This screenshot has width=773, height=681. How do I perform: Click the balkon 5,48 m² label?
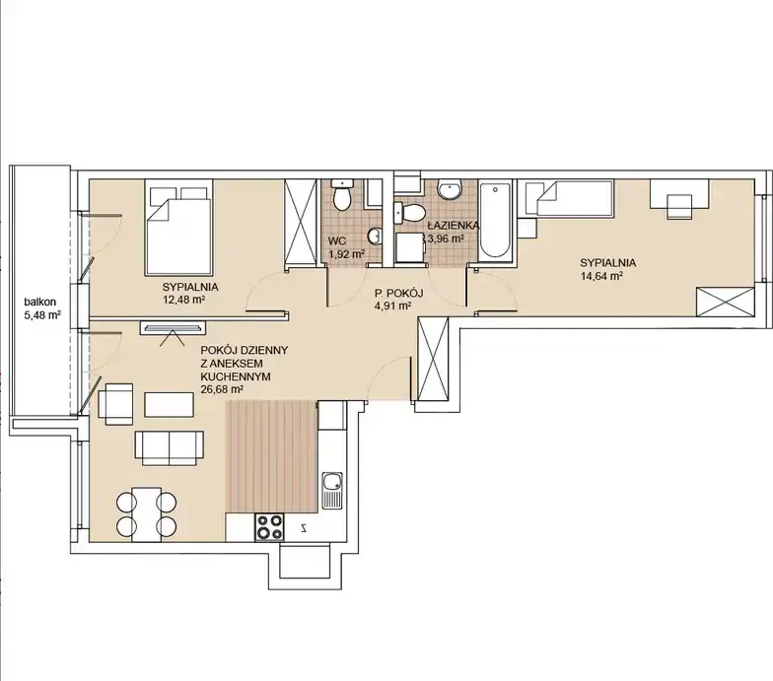[x=42, y=308]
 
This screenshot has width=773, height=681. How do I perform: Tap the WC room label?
[x=337, y=241]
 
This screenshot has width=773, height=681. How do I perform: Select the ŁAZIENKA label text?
[x=454, y=226]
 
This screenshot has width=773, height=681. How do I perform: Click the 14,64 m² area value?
[x=601, y=276]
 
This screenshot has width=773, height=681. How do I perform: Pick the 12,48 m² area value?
[x=183, y=300]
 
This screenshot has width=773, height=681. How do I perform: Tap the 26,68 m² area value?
[x=222, y=389]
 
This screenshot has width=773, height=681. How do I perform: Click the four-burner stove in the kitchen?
[x=269, y=527]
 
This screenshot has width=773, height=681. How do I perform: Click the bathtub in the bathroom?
[x=497, y=220]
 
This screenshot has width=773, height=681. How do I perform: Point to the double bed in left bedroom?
[x=179, y=228]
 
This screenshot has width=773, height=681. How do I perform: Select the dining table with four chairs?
[x=146, y=514]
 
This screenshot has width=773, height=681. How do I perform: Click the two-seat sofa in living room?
[x=170, y=447]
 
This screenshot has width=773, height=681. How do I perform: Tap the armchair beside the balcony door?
[x=116, y=404]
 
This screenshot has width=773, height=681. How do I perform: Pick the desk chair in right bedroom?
[x=680, y=206]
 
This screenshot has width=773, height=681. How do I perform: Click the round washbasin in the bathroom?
[x=450, y=189]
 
